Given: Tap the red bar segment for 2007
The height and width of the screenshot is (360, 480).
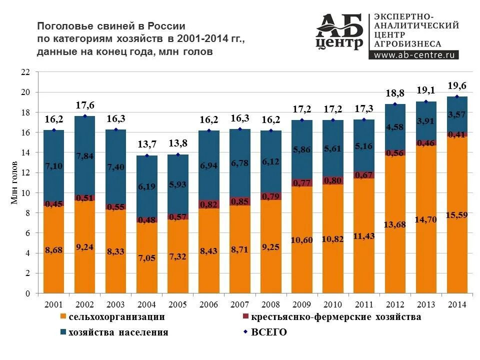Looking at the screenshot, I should pos(239,201).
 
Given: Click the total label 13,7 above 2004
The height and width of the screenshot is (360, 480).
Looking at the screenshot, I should pos(146,144).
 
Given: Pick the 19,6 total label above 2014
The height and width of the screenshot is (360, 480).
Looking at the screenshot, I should pos(457,85).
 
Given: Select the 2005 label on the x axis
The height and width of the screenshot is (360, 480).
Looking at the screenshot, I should pos(177,304).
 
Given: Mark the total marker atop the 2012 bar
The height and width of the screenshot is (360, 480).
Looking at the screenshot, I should pos(395,104).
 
